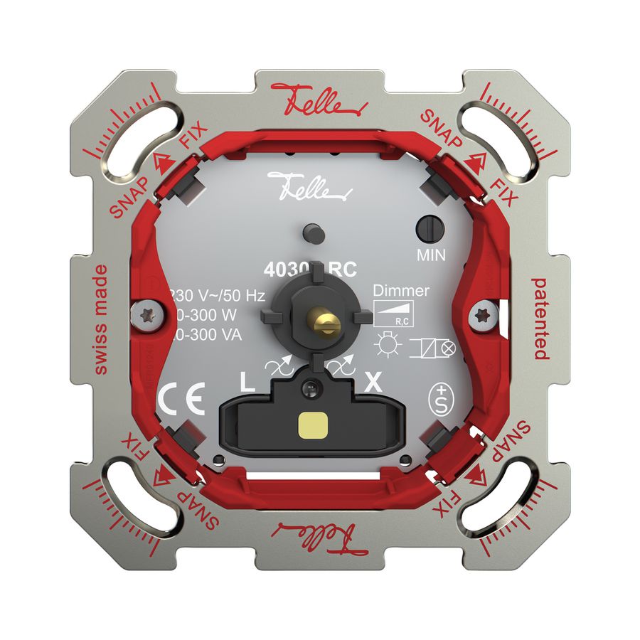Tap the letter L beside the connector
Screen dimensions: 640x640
[x=247, y=383]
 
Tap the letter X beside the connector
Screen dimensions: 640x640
[x=372, y=383]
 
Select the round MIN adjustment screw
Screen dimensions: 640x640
[x=429, y=228]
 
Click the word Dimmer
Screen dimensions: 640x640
[x=401, y=290]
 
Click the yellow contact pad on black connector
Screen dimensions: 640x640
[x=311, y=426]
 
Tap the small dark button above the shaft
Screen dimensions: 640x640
[x=311, y=232]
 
